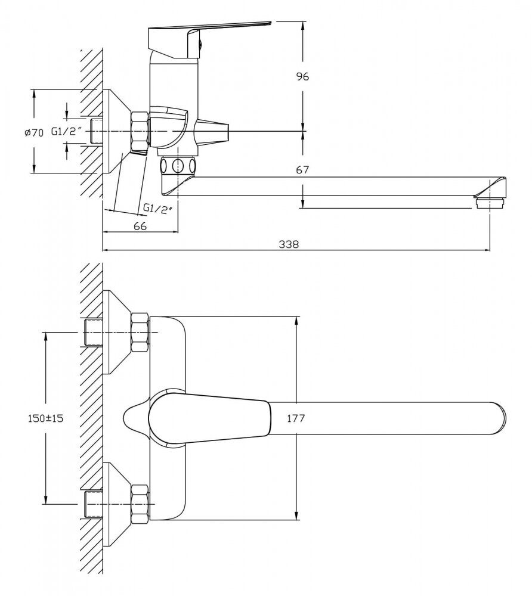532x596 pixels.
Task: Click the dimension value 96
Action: pyautogui.click(x=303, y=76)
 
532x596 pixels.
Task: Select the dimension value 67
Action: pyautogui.click(x=302, y=170)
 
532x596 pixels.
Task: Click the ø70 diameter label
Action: pyautogui.click(x=34, y=132)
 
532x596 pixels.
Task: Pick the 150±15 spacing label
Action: pyautogui.click(x=45, y=418)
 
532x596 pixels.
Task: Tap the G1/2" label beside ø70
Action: pyautogui.click(x=65, y=132)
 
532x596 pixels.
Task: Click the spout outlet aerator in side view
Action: pyautogui.click(x=490, y=203)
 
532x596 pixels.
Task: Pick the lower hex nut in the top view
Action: pyautogui.click(x=140, y=503)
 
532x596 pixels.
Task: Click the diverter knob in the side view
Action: pyautogui.click(x=212, y=129)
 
